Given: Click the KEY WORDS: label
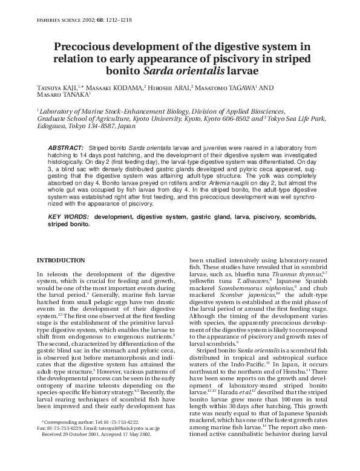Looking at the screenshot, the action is [68, 216].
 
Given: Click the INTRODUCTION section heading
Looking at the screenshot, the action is [61, 260].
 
